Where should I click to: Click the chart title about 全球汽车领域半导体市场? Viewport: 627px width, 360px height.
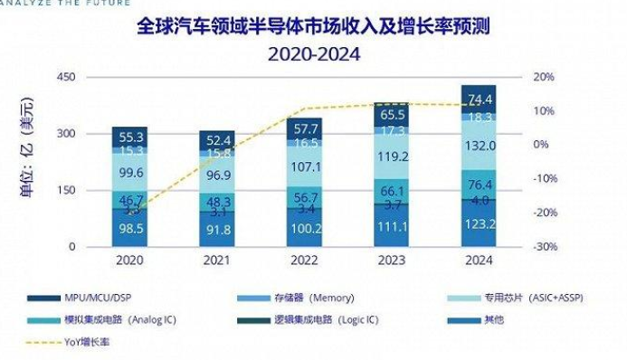click(x=313, y=25)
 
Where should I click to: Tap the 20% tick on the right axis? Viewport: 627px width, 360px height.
click(x=543, y=78)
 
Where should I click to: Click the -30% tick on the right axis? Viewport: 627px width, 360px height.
click(x=543, y=247)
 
